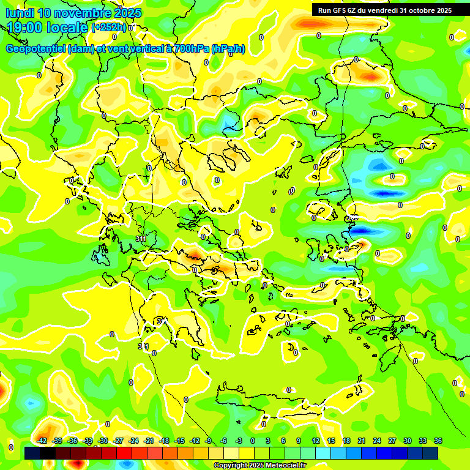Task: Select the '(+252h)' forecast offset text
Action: click(x=109, y=28)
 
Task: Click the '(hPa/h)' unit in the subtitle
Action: click(x=228, y=49)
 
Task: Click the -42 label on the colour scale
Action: click(x=42, y=441)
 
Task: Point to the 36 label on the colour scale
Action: click(x=438, y=441)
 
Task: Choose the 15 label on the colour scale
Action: click(x=331, y=441)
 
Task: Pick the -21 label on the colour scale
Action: click(x=149, y=441)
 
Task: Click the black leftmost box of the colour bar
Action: click(x=32, y=453)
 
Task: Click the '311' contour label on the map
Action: click(x=141, y=239)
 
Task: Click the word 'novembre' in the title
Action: click(x=83, y=13)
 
